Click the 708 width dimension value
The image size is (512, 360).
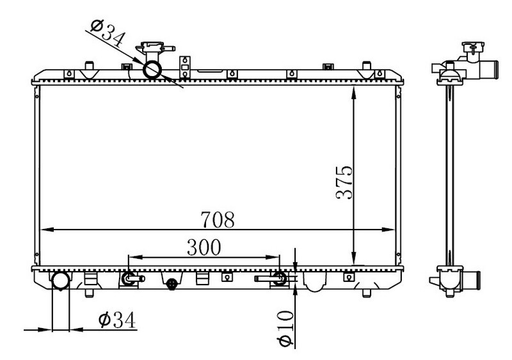click(x=218, y=220)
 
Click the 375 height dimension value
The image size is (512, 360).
click(x=344, y=182)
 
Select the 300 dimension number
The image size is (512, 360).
click(x=204, y=247)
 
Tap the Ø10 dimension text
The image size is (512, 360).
click(x=285, y=328)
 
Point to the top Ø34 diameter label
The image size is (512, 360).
click(x=108, y=34)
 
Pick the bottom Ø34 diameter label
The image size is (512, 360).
click(x=116, y=320)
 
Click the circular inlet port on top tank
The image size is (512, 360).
click(x=152, y=70)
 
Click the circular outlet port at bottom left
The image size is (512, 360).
click(x=61, y=281)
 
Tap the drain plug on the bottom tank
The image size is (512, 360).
click(x=172, y=284)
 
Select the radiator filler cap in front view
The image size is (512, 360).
click(x=154, y=49)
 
